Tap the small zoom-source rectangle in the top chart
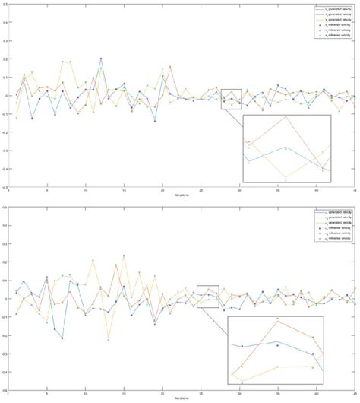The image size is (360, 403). click(x=231, y=99)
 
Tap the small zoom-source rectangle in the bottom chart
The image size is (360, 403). click(x=207, y=297)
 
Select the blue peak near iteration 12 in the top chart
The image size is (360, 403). click(x=101, y=59)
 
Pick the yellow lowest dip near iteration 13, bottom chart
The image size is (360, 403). click(x=109, y=339)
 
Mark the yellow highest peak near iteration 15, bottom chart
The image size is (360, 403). click(x=124, y=256)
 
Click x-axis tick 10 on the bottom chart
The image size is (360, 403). click(x=85, y=393)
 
